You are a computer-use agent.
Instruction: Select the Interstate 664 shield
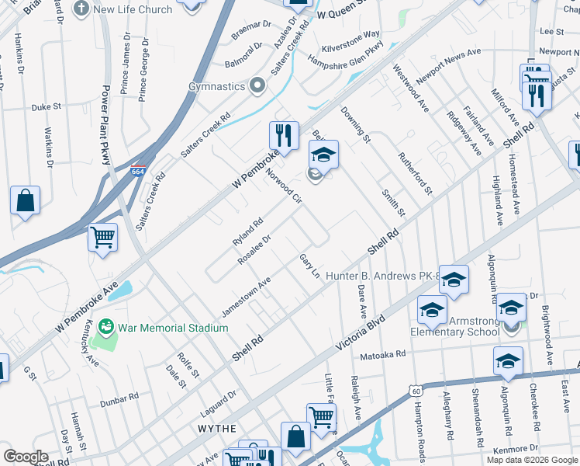tap(136, 171)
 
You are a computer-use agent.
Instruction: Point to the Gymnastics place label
tap(217, 86)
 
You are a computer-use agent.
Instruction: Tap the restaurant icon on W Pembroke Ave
tap(285, 136)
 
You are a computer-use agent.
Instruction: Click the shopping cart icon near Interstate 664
tap(102, 238)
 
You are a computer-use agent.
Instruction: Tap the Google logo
tap(26, 457)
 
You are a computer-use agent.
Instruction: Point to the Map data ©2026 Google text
tap(531, 459)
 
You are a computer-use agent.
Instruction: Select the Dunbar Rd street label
tap(120, 400)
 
